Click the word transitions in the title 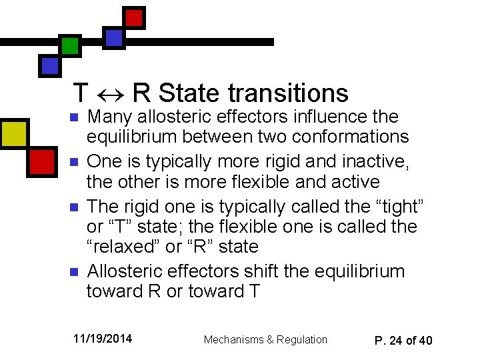(288, 93)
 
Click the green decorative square (70, 45)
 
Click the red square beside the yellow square (41, 161)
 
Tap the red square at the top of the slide (135, 17)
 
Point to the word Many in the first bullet (109, 117)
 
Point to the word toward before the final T (217, 291)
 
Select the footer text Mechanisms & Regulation (265, 339)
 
